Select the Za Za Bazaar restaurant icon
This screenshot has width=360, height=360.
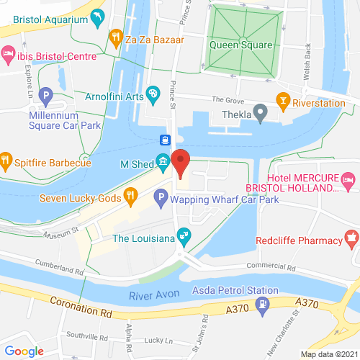click(x=114, y=36)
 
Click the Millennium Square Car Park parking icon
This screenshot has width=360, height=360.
click(x=45, y=95)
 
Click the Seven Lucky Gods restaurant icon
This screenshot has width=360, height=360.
click(x=130, y=193)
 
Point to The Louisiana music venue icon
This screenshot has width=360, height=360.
click(x=185, y=234)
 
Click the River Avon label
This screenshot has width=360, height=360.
click(x=154, y=295)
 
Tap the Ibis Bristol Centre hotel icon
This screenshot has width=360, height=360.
click(x=8, y=53)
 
